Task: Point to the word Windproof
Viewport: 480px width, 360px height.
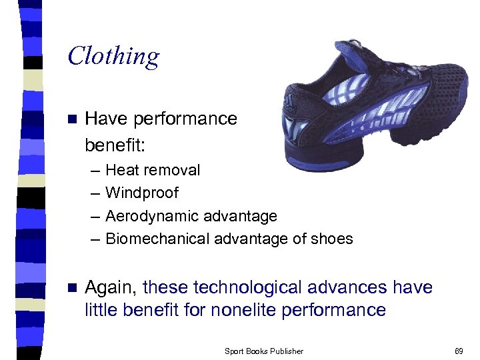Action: click(142, 193)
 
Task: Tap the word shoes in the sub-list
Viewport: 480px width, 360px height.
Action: click(331, 239)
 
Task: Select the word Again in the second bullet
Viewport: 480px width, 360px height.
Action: click(111, 288)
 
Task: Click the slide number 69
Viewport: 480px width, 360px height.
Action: click(459, 351)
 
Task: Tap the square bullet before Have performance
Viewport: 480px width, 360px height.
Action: click(73, 119)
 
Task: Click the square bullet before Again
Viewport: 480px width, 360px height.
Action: click(73, 288)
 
